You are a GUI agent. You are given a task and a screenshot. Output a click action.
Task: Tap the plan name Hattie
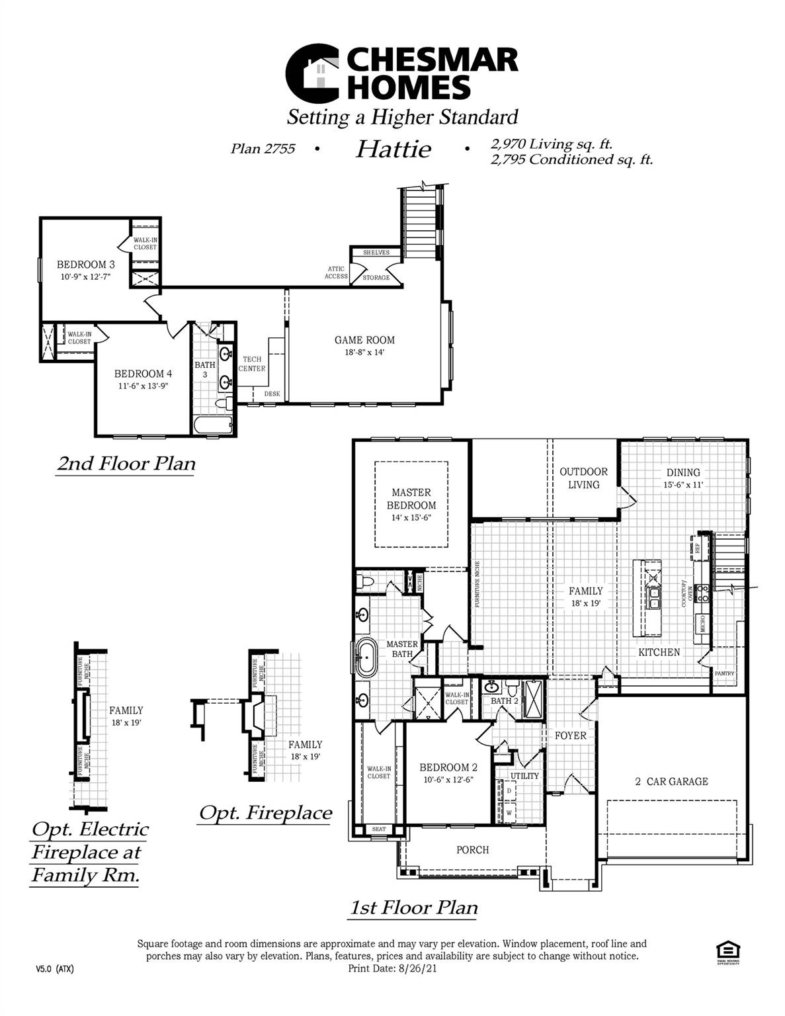tap(393, 149)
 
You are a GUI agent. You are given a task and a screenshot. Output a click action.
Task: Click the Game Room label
tap(364, 340)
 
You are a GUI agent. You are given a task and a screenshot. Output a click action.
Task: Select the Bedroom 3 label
tap(81, 265)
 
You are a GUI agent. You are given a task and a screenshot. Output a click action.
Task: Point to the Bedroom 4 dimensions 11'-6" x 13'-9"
tap(144, 386)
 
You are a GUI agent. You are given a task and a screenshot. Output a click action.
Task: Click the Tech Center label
tap(252, 364)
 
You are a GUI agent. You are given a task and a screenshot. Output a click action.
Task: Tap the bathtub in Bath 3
tap(213, 425)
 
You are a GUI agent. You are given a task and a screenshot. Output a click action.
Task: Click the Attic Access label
tap(336, 273)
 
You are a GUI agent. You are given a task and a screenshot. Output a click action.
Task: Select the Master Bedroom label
tap(411, 499)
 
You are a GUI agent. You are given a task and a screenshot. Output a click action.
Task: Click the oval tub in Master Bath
tap(365, 657)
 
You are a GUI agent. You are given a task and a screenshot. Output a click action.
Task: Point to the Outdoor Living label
tap(583, 478)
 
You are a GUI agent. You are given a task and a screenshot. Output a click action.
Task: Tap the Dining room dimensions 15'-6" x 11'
tap(683, 485)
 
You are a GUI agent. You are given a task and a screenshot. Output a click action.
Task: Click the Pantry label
tap(724, 673)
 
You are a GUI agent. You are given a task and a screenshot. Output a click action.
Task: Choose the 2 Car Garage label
tap(671, 781)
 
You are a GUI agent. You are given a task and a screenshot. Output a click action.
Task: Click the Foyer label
tap(570, 736)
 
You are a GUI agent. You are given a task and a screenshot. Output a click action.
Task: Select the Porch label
tap(473, 850)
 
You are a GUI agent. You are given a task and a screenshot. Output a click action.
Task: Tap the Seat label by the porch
tap(379, 829)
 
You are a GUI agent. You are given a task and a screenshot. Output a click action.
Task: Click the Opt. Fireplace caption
tap(266, 812)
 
